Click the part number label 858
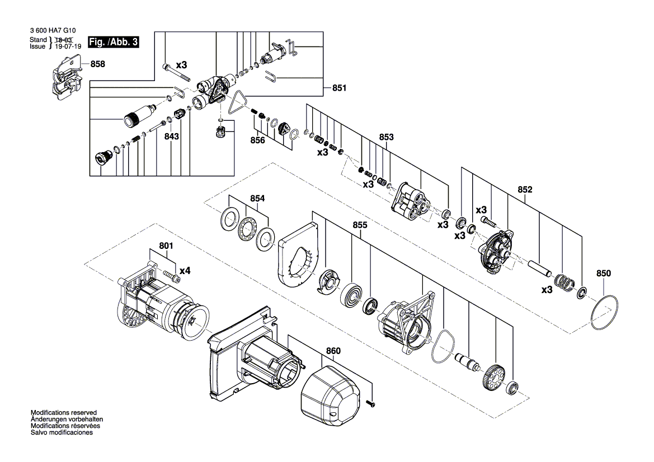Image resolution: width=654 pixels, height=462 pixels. (x=97, y=64)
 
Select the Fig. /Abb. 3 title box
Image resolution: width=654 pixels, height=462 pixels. (x=113, y=42)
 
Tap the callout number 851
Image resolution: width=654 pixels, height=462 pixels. (x=339, y=88)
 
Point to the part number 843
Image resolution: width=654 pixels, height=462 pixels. (x=171, y=136)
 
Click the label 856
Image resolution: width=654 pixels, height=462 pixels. (x=257, y=140)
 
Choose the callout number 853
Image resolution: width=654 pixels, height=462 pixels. (x=386, y=137)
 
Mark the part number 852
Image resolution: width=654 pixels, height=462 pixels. (x=525, y=190)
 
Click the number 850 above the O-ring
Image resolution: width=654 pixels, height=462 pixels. (x=603, y=273)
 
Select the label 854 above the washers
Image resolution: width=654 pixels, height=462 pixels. (x=257, y=199)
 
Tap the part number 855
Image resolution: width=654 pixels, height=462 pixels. (x=360, y=225)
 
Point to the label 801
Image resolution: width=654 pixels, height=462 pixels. (x=166, y=246)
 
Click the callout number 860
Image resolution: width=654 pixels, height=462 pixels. (x=333, y=351)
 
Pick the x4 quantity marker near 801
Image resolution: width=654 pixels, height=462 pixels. (x=185, y=271)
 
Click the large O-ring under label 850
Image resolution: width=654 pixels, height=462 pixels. (x=604, y=313)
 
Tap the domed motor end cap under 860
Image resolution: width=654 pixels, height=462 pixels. (x=330, y=396)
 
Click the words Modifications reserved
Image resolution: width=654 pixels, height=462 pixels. (x=64, y=412)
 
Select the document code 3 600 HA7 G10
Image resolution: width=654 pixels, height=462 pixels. (x=53, y=30)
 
